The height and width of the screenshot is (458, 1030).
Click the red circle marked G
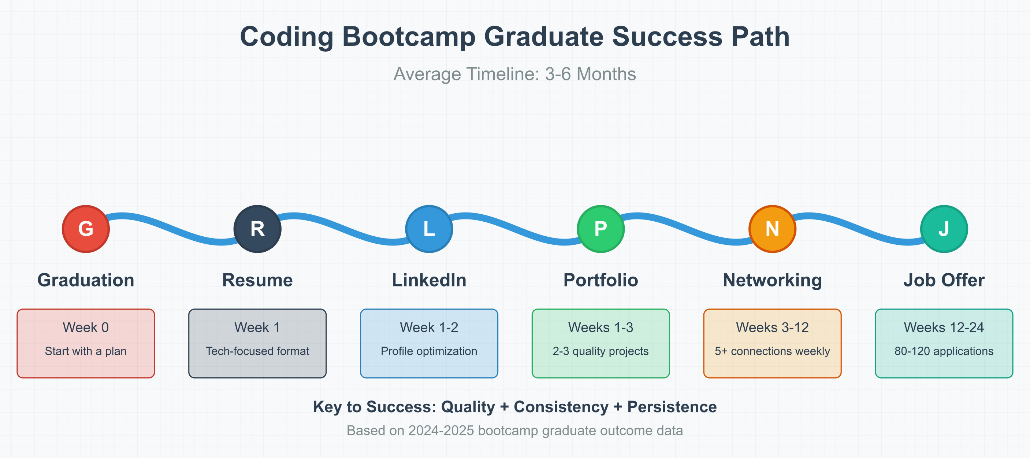tap(86, 229)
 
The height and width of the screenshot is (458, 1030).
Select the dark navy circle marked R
tap(257, 229)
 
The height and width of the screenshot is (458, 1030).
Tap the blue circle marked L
tap(429, 229)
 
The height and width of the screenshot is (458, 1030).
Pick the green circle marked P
tap(600, 229)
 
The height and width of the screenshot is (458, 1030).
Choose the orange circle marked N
tap(773, 229)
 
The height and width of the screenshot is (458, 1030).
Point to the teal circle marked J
tap(944, 229)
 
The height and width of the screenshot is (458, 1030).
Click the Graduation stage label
tap(86, 280)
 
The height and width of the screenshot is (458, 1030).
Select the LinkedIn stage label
tap(429, 280)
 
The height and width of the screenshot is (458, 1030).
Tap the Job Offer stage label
tap(944, 280)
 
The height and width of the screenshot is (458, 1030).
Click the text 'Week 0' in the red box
tap(86, 327)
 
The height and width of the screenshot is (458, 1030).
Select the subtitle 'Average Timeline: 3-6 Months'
tap(514, 74)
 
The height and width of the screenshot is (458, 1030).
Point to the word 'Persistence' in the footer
tap(672, 406)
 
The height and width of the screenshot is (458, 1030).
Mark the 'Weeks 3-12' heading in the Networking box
tap(773, 327)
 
